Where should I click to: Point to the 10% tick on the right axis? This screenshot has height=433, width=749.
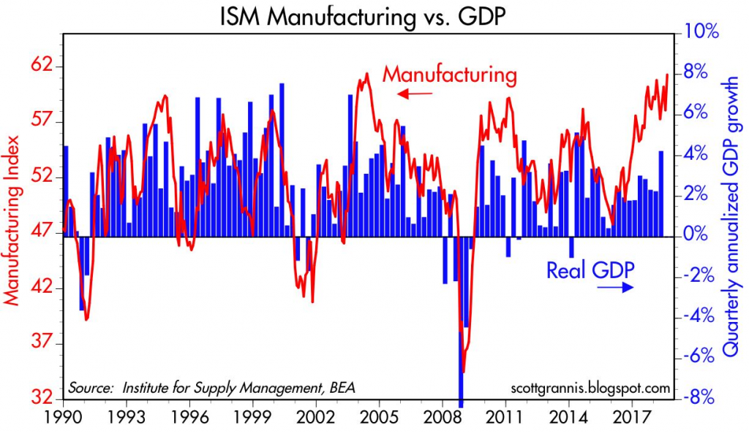click(x=702, y=32)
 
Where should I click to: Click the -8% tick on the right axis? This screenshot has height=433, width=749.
click(x=702, y=399)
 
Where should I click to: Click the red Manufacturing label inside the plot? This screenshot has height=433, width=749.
click(x=450, y=74)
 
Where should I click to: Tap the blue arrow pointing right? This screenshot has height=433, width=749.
click(x=615, y=289)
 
